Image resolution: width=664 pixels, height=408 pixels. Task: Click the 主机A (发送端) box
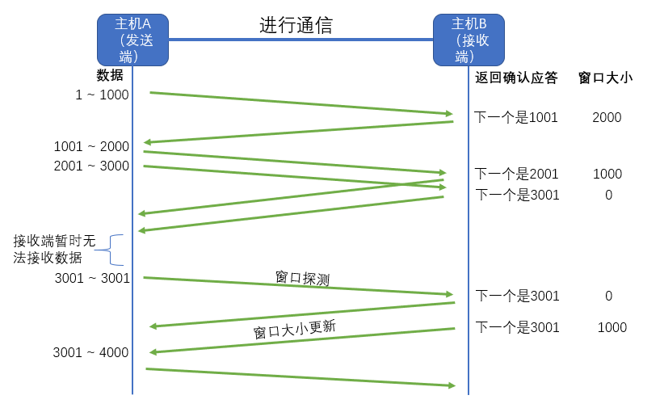point(132,40)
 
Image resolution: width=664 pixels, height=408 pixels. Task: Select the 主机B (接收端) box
point(469,40)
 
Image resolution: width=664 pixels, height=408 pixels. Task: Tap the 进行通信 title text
point(296,25)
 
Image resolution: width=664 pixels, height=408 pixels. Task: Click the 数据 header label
point(110,75)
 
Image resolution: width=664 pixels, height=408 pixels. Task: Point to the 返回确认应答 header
point(516,78)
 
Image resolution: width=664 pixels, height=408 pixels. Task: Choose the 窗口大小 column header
point(606,78)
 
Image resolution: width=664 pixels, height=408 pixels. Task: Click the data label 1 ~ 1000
point(102,95)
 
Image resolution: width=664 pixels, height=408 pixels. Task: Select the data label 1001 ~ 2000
point(91,146)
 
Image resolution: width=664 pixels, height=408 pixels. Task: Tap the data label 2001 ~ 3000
point(91,166)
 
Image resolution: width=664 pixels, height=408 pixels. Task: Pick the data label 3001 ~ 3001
point(92,278)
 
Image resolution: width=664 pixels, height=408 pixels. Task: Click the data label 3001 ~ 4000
point(90,352)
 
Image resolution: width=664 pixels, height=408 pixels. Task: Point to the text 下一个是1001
point(516,117)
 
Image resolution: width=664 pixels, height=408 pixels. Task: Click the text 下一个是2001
point(516,174)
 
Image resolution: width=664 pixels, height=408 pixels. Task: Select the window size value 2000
point(607,117)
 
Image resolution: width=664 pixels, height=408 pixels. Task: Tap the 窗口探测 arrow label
point(302,278)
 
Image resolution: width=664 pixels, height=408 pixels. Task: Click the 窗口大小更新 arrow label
point(294,329)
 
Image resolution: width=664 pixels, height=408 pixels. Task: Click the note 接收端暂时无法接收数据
point(54,249)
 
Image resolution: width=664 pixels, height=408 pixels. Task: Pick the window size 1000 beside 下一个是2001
point(607,174)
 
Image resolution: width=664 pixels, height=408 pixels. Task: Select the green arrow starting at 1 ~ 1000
point(301,103)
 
